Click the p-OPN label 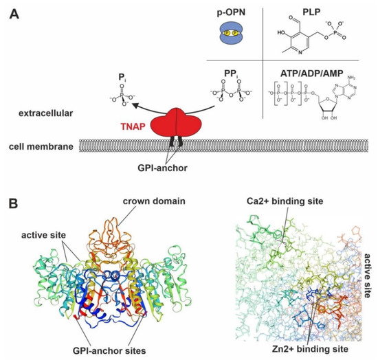pos(234,13)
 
